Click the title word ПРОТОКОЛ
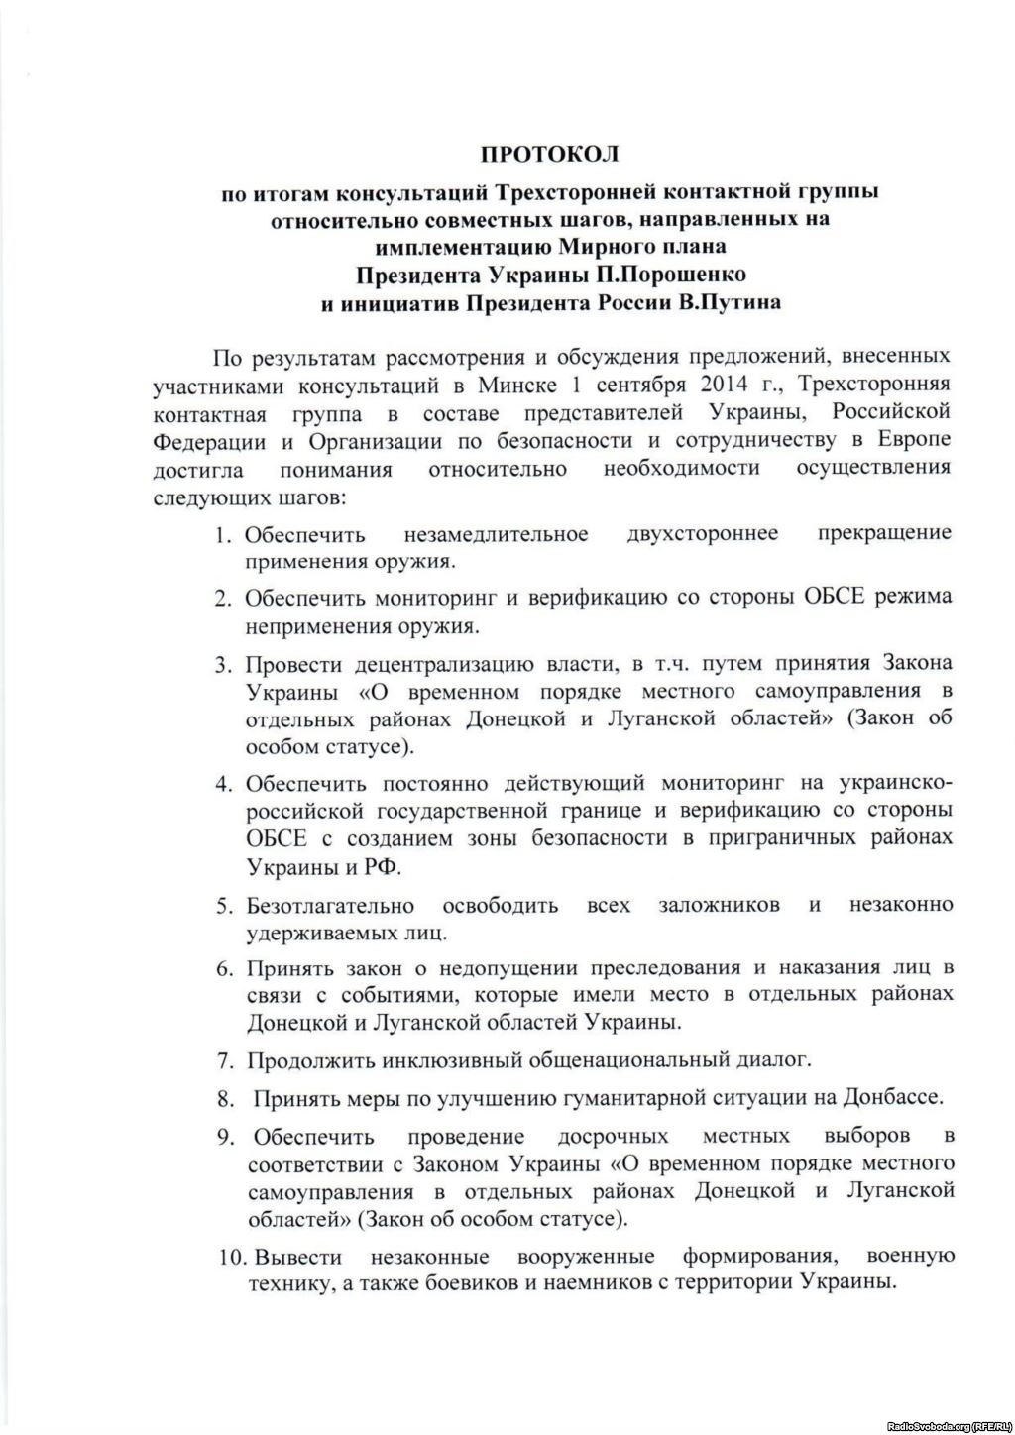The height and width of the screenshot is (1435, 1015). [549, 154]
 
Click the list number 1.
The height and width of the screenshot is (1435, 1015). [224, 536]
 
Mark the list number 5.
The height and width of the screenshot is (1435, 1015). [224, 906]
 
